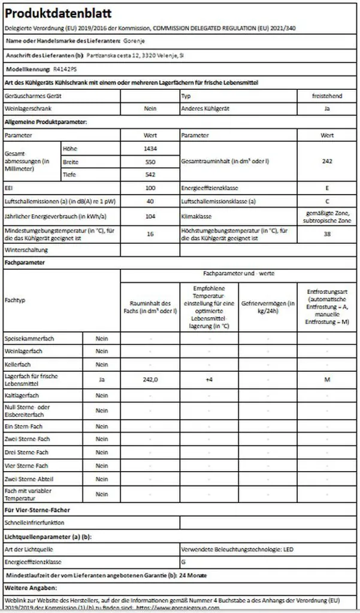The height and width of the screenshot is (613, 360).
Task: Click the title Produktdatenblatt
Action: pyautogui.click(x=51, y=13)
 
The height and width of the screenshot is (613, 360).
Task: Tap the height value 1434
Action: pyautogui.click(x=150, y=148)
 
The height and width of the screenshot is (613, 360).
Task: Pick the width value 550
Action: pyautogui.click(x=150, y=162)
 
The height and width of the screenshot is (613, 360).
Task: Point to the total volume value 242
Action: pyautogui.click(x=326, y=161)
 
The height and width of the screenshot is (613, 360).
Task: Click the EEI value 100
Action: pyautogui.click(x=150, y=188)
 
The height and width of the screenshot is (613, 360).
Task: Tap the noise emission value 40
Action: pyautogui.click(x=150, y=201)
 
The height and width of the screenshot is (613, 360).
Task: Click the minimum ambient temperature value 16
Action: pyautogui.click(x=150, y=234)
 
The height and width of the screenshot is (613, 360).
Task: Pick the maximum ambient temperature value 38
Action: pyautogui.click(x=326, y=234)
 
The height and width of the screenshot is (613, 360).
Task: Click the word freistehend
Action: pyautogui.click(x=326, y=96)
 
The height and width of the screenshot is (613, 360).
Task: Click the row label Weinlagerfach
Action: pyautogui.click(x=23, y=351)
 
